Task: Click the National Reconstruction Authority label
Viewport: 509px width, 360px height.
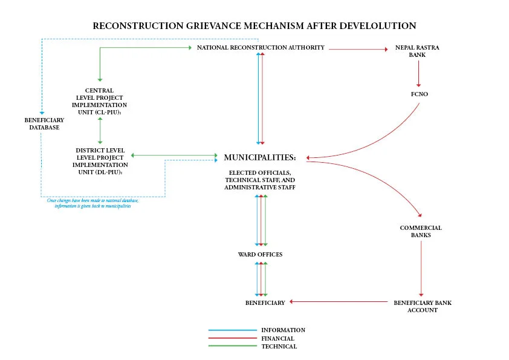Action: (x=261, y=47)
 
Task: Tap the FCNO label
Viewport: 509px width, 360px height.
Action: (x=419, y=94)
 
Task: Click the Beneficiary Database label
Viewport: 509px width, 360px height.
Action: (x=44, y=123)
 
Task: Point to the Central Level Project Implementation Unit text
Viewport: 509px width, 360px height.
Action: (x=99, y=101)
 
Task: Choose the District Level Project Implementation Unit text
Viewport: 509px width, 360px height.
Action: (x=100, y=160)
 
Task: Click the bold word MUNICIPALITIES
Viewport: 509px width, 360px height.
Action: (x=259, y=157)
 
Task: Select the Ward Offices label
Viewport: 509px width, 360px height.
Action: (x=260, y=255)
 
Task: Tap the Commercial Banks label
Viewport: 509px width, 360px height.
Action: (x=421, y=231)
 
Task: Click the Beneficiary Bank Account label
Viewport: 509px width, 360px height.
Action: (x=422, y=306)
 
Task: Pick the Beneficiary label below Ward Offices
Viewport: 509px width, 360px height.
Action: (x=265, y=303)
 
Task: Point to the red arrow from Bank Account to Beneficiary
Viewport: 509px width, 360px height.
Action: (x=339, y=301)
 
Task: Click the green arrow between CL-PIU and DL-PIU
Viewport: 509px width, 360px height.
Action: (x=100, y=131)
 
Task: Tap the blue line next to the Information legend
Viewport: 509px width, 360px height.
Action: (x=232, y=330)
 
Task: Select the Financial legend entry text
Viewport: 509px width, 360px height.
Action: (x=277, y=338)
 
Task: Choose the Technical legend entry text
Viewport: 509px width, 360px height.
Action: (x=279, y=347)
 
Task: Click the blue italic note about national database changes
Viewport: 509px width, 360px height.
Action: (x=92, y=203)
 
